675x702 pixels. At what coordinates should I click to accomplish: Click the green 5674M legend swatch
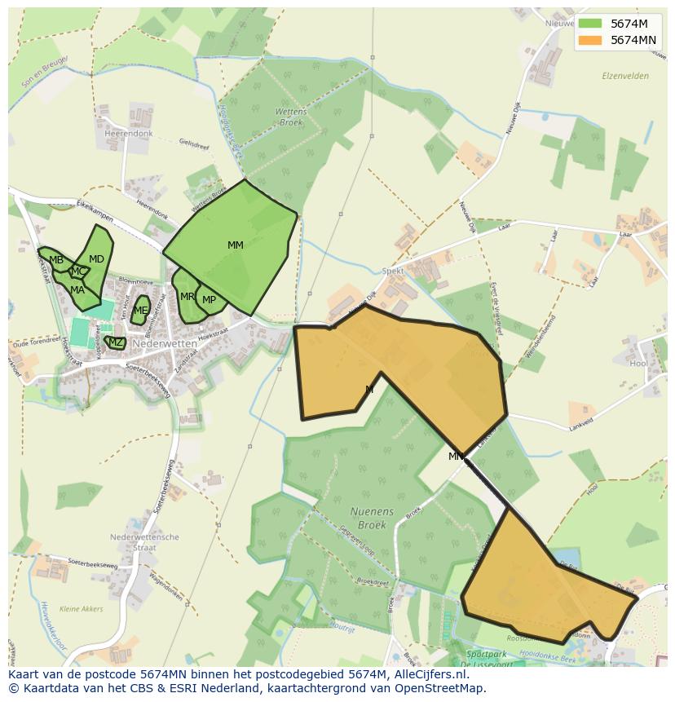pos(590,23)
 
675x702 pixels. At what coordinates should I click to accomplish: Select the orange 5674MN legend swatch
pos(590,40)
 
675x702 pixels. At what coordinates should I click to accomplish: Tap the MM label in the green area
pos(236,245)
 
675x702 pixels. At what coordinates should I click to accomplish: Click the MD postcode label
pos(96,259)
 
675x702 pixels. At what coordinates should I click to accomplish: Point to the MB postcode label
pos(56,261)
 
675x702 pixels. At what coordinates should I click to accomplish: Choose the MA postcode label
pos(77,290)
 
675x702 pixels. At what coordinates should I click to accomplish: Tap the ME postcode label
pos(140,311)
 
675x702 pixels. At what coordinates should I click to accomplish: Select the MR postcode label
pos(187,297)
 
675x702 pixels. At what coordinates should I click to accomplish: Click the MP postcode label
pos(210,300)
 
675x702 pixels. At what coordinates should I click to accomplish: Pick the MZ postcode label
pos(116,342)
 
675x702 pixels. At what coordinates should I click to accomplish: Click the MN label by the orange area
pos(456,457)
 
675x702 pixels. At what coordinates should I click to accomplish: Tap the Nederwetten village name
pos(165,344)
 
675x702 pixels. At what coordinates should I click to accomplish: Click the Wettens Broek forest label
pos(291,117)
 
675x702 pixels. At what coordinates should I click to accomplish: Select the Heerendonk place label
pos(130,133)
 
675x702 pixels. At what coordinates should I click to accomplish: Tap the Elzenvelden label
pos(624,76)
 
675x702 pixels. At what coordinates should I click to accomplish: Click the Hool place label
pos(638,363)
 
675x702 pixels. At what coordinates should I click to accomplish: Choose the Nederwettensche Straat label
pos(144,543)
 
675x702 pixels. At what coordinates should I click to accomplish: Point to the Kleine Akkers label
pos(82,608)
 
